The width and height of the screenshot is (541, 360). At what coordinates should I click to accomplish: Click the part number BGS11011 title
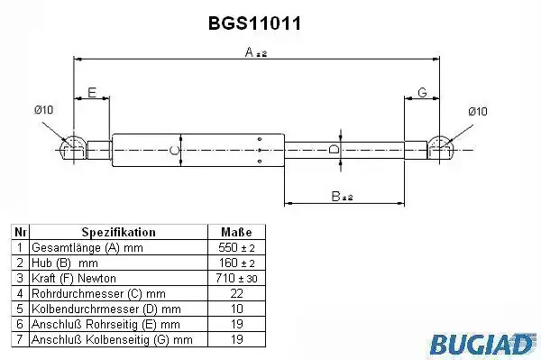point(254,23)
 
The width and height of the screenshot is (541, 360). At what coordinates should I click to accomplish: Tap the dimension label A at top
point(256,52)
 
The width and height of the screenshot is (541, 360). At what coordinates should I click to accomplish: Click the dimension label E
point(92,93)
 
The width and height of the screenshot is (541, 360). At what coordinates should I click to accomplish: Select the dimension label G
point(422,93)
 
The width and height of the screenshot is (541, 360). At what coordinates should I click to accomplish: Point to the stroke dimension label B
point(342,197)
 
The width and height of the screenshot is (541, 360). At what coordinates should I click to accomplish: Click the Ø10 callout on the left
point(44,110)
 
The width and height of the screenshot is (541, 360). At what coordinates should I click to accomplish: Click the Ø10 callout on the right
point(478,111)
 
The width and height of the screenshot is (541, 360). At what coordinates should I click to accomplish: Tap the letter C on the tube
point(174,151)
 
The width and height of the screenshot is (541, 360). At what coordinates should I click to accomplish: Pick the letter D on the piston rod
point(334,150)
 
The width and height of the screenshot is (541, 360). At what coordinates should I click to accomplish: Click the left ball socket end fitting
point(74,148)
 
